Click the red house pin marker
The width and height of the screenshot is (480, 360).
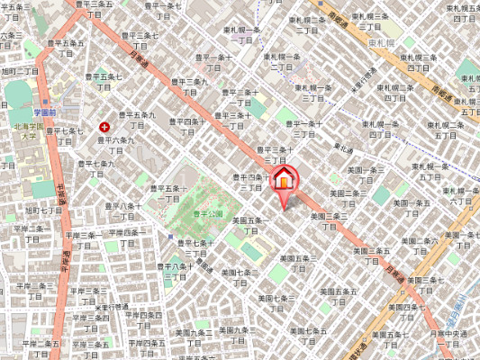click(x=284, y=180)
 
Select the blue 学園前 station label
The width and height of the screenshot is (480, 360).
click(x=46, y=112)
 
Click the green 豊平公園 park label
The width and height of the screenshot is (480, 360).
click(x=208, y=213)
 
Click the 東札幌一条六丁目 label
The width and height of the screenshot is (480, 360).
click(x=441, y=171)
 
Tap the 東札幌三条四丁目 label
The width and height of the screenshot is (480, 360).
click(x=417, y=64)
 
